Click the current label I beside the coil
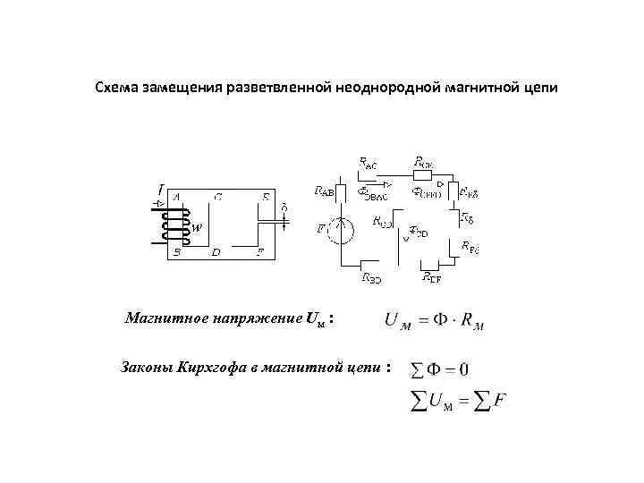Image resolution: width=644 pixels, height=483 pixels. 159,190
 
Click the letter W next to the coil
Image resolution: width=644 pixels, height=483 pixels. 198,227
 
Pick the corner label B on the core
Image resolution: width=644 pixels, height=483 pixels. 177,252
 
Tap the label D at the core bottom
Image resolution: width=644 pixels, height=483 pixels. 216,252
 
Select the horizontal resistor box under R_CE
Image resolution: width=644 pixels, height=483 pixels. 425,176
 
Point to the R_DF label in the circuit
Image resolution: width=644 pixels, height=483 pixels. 432,277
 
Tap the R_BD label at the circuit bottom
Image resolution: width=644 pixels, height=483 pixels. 371,278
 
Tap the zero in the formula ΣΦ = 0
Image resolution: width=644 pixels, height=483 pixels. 463,368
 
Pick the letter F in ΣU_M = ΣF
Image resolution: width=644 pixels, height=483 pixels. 499,402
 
